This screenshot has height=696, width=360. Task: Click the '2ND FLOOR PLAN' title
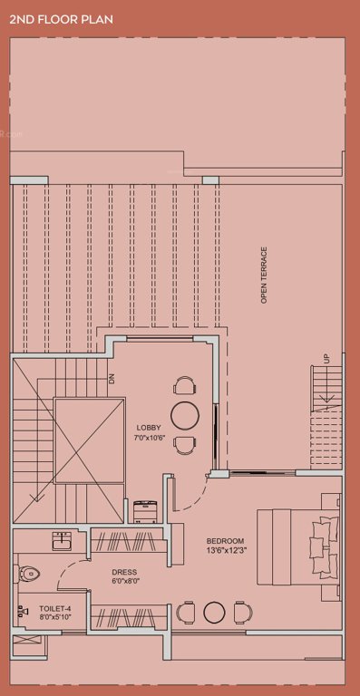[x=61, y=18]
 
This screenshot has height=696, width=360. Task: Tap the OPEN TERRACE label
[x=264, y=274]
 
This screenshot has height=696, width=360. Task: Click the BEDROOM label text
[x=224, y=541]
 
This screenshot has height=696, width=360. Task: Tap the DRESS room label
[x=124, y=572]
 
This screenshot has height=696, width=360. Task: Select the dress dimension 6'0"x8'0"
[x=124, y=582]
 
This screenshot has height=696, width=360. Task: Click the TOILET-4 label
[x=54, y=607]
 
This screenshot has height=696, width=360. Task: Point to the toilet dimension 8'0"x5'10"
[x=54, y=617]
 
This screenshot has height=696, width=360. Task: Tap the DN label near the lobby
[x=112, y=380]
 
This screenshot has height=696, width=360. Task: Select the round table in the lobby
[x=185, y=415]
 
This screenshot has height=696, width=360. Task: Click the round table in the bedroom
[x=214, y=612]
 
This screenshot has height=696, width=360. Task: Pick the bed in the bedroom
[x=299, y=544]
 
